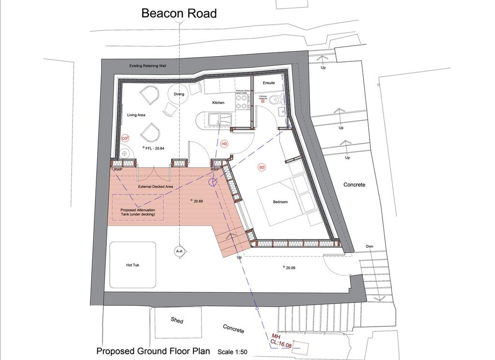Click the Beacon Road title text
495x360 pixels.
point(179,13)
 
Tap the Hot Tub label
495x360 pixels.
point(133,266)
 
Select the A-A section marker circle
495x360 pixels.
point(179,252)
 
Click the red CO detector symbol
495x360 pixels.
point(125,138)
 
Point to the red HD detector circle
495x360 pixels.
point(224,144)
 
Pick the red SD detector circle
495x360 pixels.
point(262,167)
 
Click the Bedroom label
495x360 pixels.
point(280,202)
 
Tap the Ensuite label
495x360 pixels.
point(269,83)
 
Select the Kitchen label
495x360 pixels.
point(218,103)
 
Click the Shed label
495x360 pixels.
point(177,320)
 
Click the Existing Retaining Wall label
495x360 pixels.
point(148,65)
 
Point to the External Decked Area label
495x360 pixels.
point(156,186)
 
